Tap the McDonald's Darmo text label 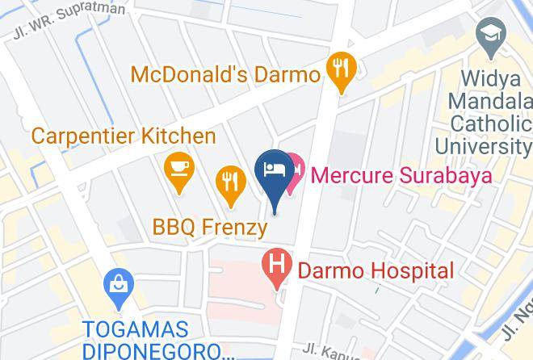[225, 75]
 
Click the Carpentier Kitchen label [124, 135]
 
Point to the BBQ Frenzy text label [209, 228]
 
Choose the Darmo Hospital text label [376, 270]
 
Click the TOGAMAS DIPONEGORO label [148, 340]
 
